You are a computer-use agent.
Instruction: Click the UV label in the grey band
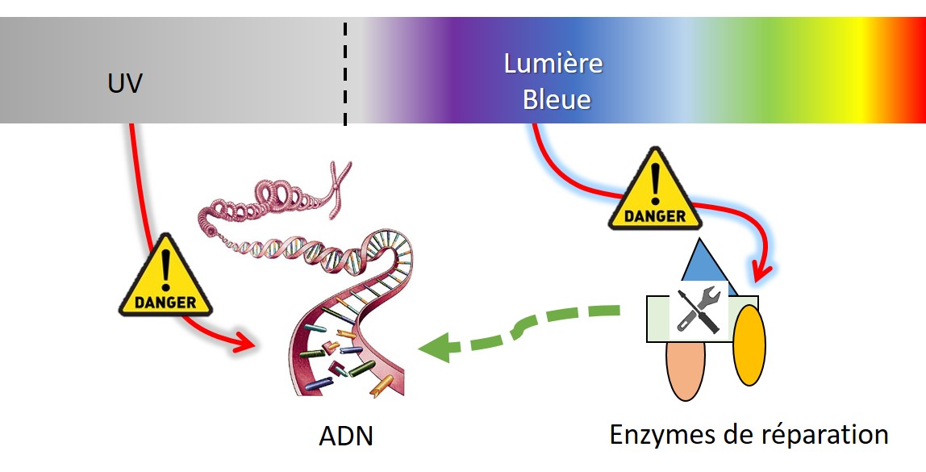(x=124, y=83)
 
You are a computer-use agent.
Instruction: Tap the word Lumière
(x=553, y=64)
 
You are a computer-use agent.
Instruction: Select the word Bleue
(x=557, y=100)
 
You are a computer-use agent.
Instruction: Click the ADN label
(x=346, y=437)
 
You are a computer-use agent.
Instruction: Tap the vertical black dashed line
(x=346, y=73)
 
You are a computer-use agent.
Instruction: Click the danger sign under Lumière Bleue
(x=655, y=190)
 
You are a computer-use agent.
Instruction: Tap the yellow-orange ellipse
(x=749, y=345)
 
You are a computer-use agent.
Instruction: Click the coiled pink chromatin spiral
(x=266, y=207)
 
